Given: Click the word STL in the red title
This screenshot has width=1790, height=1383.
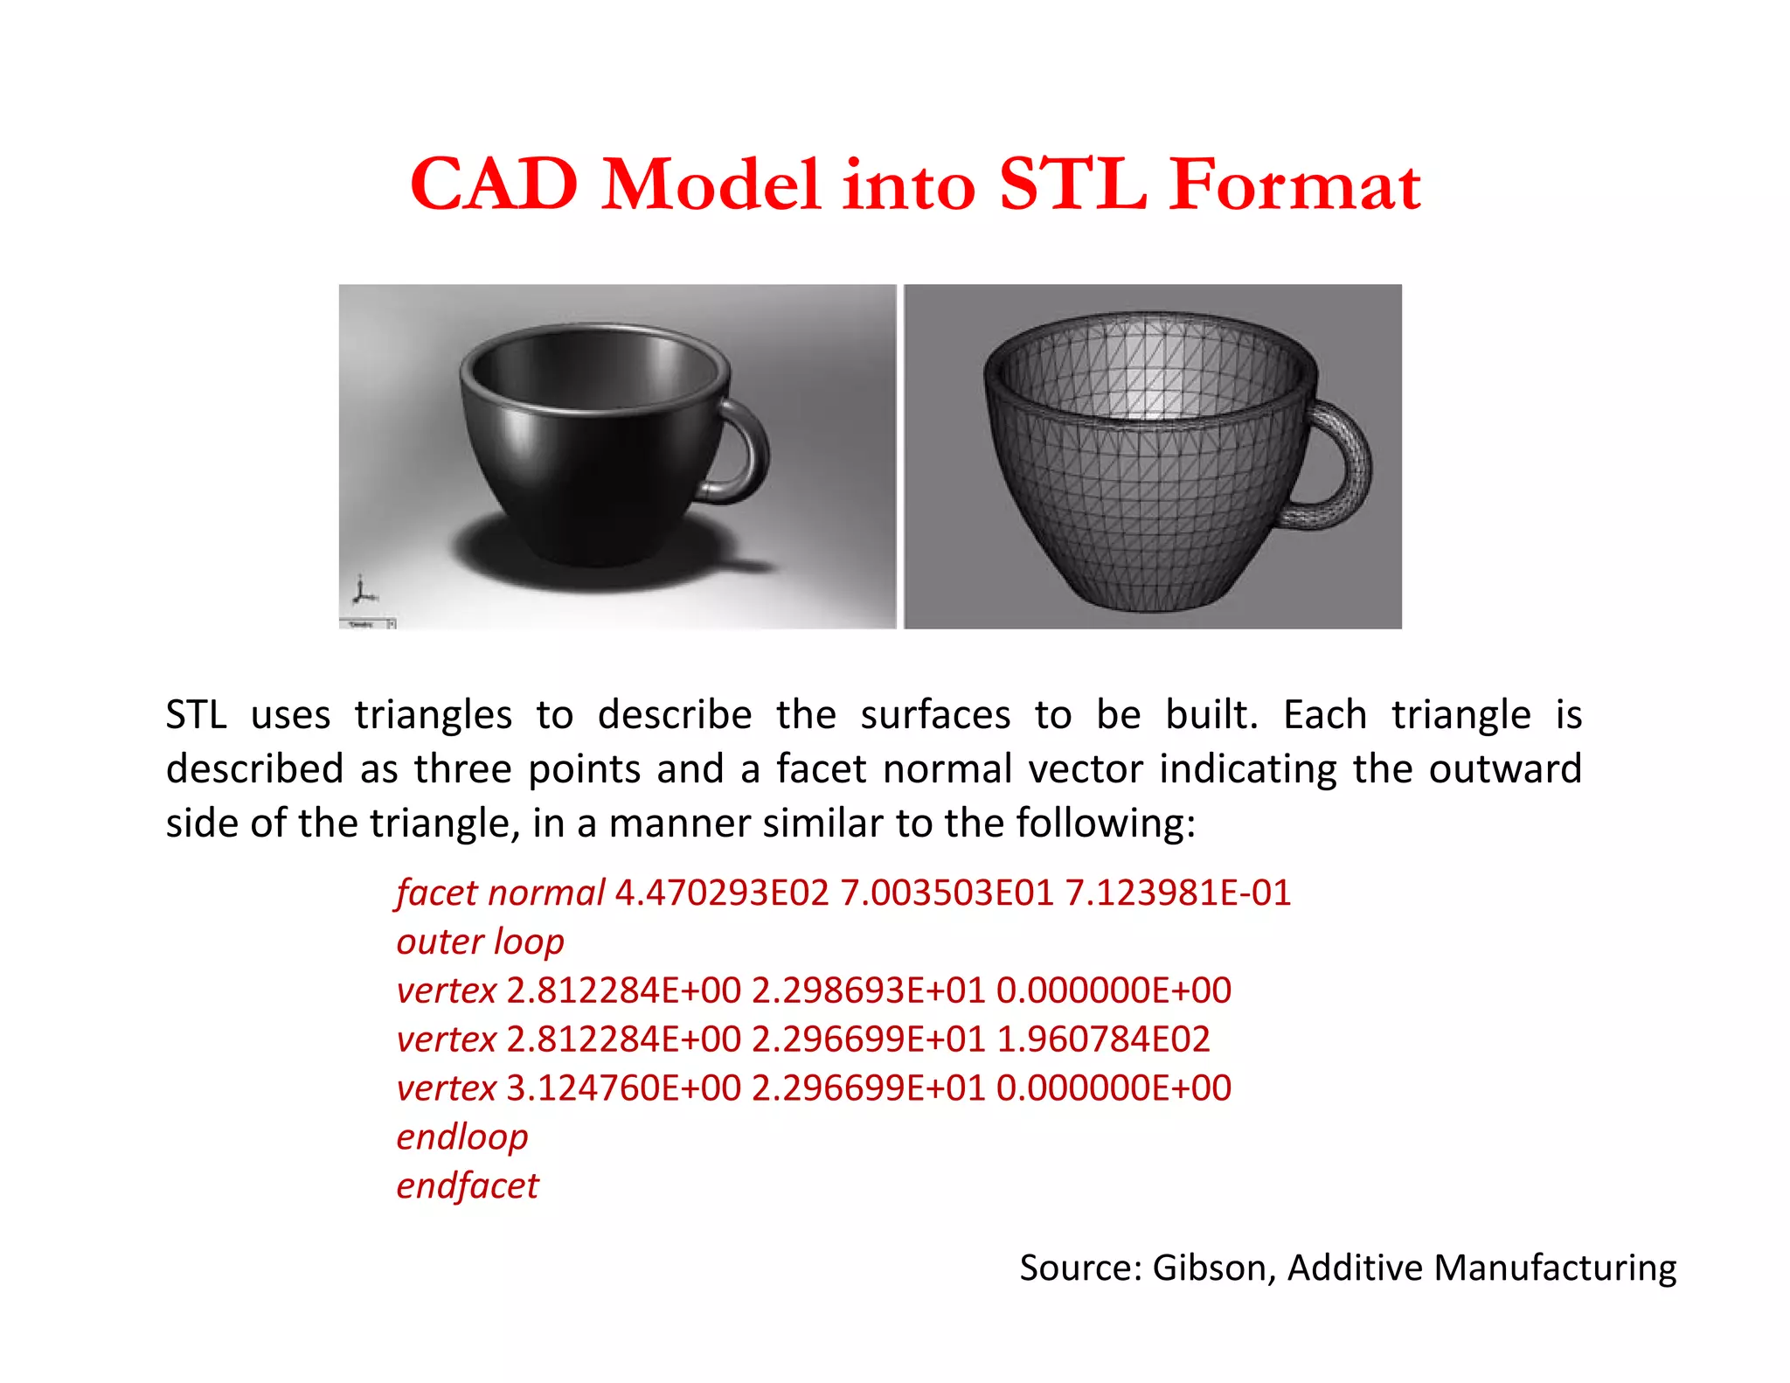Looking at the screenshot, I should tap(1072, 184).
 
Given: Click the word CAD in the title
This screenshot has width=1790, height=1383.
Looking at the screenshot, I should tap(494, 184).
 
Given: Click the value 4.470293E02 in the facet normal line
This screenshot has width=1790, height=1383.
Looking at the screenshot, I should tap(722, 893).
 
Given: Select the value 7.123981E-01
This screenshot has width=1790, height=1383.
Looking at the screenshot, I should tap(1177, 893).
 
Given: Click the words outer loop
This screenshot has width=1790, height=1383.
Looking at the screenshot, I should tap(480, 942).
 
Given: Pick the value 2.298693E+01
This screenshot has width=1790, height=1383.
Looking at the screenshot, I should tap(869, 990).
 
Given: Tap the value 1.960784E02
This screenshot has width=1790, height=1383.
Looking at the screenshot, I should tap(1103, 1039).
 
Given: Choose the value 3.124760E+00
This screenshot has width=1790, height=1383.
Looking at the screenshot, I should tap(623, 1088).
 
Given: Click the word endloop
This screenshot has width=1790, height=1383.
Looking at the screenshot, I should tap(462, 1137).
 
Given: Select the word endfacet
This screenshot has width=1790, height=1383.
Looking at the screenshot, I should tap(468, 1186).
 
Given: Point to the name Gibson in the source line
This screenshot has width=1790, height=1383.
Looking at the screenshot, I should tap(1211, 1268).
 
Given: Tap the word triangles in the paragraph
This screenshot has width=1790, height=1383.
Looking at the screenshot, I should tap(434, 715).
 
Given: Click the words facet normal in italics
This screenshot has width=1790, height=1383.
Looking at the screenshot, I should tap(500, 893).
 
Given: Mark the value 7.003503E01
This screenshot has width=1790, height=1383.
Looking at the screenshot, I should tap(947, 893).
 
